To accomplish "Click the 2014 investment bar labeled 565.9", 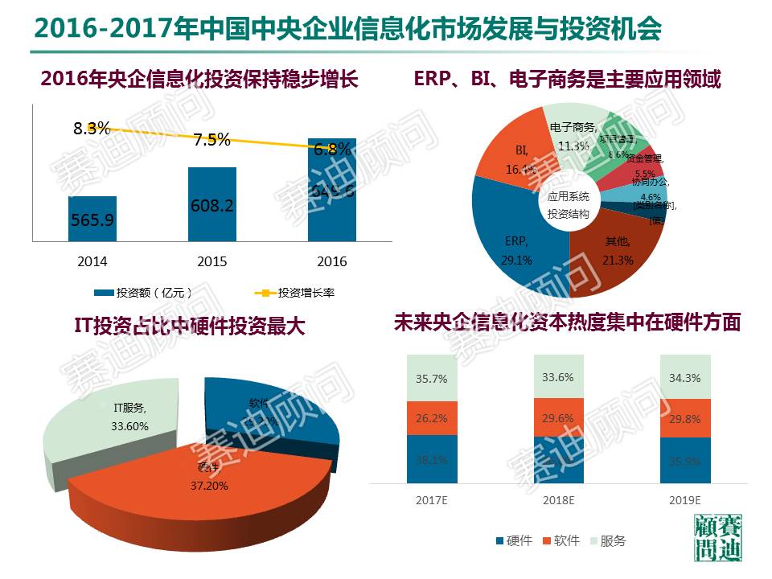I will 92,218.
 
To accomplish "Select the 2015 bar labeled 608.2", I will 211,204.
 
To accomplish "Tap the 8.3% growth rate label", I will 91,127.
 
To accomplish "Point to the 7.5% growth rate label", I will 211,139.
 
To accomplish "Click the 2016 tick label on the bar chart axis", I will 332,262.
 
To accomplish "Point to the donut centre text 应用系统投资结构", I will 569,205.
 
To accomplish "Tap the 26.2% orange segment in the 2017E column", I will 432,418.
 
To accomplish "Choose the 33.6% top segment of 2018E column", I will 559,378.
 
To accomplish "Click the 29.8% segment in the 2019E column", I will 686,418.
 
